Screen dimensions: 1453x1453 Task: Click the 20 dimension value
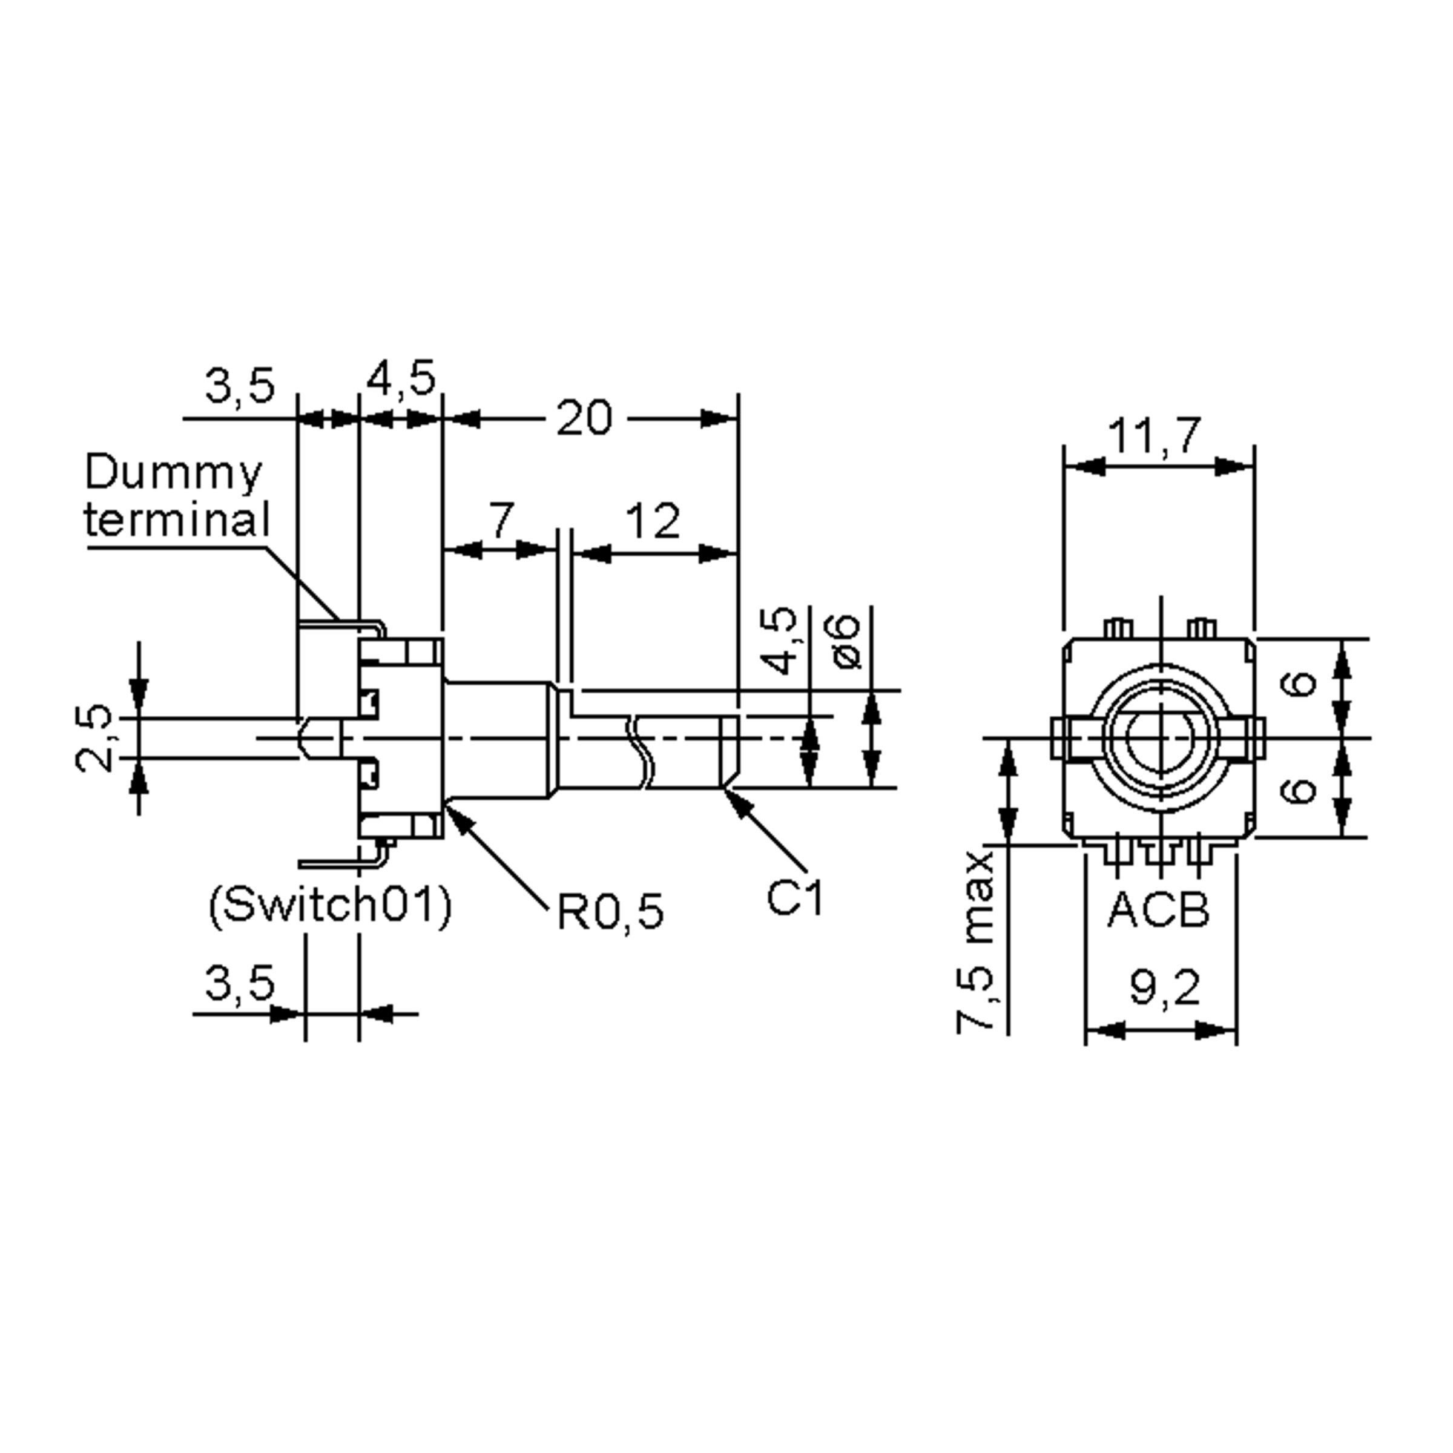tap(584, 418)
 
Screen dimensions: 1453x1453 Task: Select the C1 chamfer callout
tap(795, 897)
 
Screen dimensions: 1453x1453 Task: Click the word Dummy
tap(174, 473)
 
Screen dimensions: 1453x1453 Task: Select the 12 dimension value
tap(652, 521)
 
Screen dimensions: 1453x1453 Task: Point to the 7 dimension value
tap(502, 519)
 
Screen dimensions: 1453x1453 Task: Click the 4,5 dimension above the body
tap(401, 378)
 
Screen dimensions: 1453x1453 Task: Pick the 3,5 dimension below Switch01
tap(240, 983)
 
